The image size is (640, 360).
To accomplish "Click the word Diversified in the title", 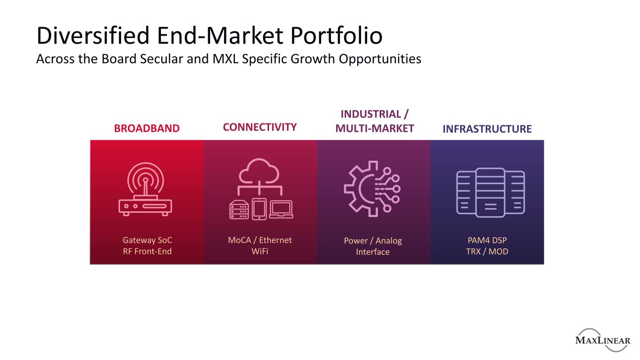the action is [x=93, y=36].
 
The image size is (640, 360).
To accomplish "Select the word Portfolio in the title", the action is [x=336, y=36].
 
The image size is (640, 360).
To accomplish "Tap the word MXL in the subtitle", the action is [x=226, y=59].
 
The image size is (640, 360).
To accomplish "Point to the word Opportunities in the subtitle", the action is [x=380, y=60].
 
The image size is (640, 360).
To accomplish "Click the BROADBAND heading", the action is [x=147, y=128].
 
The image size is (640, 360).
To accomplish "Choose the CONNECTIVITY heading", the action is [x=260, y=127].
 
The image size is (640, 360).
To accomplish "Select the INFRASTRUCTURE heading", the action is [x=487, y=129].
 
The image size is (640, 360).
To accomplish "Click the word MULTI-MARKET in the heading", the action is [x=375, y=128].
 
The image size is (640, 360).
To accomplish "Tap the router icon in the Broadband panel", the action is [x=145, y=189].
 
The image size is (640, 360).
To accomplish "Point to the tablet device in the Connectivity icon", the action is [x=259, y=209].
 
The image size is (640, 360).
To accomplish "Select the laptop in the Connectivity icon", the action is [x=281, y=210].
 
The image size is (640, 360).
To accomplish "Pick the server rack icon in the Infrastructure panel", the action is [x=490, y=193].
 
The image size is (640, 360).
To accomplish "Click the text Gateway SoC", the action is [x=147, y=240].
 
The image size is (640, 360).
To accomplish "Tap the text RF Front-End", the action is [x=147, y=251].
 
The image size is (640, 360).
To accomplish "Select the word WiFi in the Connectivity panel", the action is [x=260, y=251].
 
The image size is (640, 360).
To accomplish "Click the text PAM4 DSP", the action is [x=487, y=240].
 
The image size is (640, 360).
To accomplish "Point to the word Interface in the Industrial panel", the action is [x=373, y=252].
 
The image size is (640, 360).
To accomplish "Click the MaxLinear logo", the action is [x=603, y=340].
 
